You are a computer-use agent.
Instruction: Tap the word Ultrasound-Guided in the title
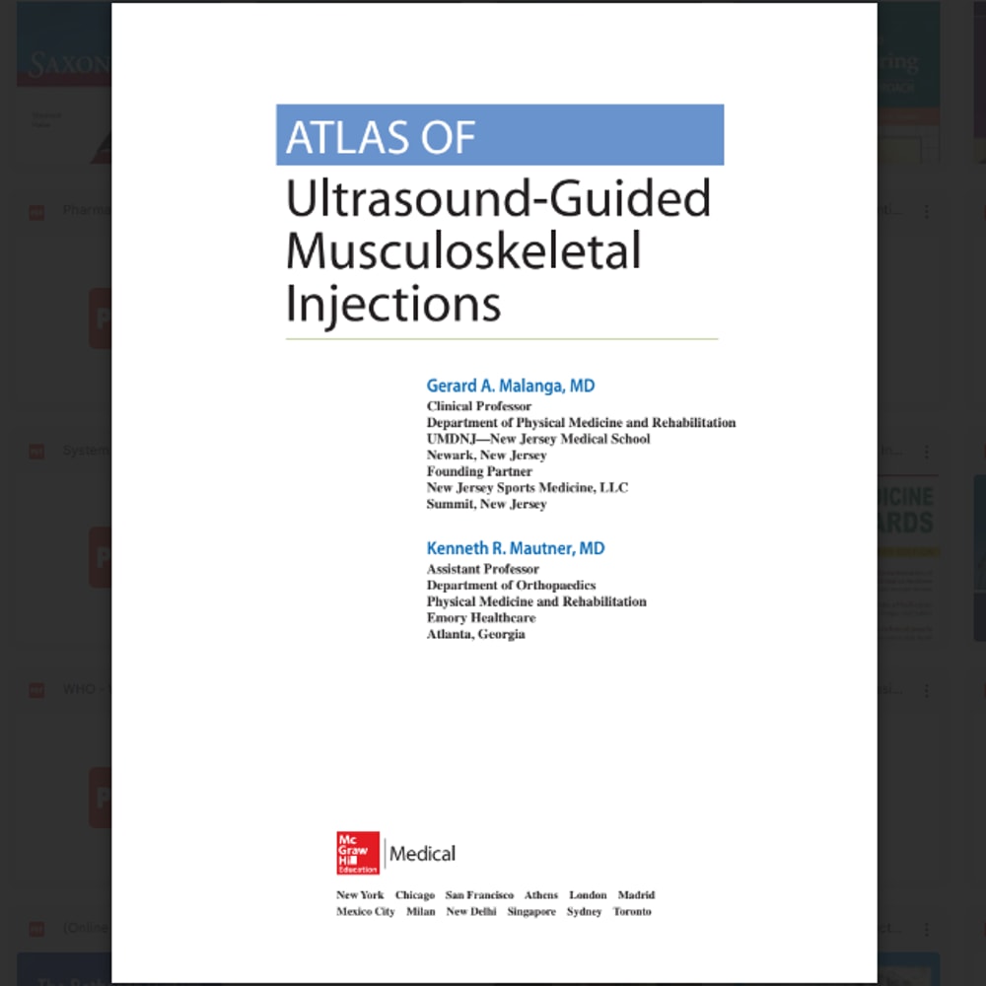498,199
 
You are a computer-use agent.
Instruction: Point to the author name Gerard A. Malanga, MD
511,386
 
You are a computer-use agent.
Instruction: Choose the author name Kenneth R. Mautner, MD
516,548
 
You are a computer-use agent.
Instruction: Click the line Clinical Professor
478,406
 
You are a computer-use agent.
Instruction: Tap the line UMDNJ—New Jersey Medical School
538,439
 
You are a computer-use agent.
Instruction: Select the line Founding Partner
479,471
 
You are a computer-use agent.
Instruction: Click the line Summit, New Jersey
486,504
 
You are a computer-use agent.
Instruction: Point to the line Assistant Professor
482,569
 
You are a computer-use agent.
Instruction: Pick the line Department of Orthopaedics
511,586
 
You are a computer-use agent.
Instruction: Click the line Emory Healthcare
481,618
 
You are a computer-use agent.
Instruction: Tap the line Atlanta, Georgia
475,635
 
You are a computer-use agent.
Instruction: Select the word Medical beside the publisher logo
423,854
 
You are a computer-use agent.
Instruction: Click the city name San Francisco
479,895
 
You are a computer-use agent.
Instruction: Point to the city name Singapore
531,912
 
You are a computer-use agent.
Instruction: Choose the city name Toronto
632,912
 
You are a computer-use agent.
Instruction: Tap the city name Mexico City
365,912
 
